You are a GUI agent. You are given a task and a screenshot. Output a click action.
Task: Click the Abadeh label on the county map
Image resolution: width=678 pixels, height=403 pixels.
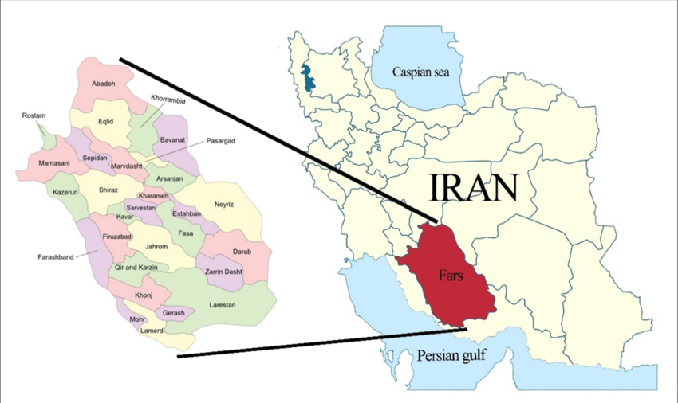click(x=104, y=84)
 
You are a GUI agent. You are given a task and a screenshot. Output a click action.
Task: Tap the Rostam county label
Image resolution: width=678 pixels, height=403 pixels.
click(x=34, y=116)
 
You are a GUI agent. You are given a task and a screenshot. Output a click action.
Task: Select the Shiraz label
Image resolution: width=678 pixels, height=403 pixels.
click(x=108, y=190)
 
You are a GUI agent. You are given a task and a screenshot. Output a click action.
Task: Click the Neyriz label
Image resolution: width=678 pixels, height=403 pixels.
click(x=224, y=205)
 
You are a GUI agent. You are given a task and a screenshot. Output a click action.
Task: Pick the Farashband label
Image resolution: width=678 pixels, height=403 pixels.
click(x=56, y=258)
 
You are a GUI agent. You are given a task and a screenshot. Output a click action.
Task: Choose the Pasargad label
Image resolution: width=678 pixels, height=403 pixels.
click(x=222, y=141)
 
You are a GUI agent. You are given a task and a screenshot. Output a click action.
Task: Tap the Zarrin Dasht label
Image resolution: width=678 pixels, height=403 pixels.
click(x=223, y=272)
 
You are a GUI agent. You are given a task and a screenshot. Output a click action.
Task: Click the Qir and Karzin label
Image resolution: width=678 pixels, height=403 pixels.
click(x=137, y=268)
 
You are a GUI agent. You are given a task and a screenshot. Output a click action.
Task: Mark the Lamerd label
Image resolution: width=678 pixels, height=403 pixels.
click(x=152, y=331)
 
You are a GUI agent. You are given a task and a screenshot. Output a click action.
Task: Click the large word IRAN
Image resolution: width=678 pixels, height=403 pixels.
click(x=474, y=187)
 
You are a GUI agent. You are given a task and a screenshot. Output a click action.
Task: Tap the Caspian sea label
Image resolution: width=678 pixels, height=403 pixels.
click(x=421, y=72)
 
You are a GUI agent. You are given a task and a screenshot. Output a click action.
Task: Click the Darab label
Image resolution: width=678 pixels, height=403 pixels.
click(x=242, y=252)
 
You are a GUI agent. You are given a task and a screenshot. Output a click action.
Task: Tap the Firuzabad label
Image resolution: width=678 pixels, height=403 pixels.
click(x=118, y=237)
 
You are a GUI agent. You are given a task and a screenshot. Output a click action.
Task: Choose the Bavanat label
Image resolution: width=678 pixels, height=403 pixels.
click(x=172, y=139)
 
